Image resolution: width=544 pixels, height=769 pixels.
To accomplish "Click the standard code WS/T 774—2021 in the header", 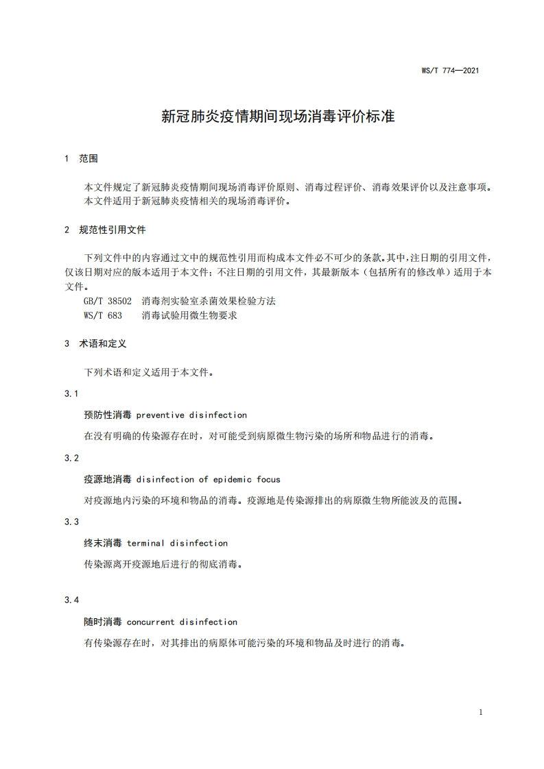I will (x=449, y=71).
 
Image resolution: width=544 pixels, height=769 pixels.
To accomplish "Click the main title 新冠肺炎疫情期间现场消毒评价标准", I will (x=278, y=116).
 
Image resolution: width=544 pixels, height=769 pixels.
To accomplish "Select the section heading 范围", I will (x=88, y=158).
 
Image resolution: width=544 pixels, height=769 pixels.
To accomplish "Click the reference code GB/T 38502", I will (x=108, y=301).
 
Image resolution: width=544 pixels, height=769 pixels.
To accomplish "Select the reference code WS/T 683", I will (x=103, y=315).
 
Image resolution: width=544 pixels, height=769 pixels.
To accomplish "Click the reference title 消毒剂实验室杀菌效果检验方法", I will (x=209, y=301).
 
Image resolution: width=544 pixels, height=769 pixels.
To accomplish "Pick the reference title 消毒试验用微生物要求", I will (x=189, y=315).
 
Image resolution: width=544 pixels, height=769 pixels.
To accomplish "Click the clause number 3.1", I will (x=71, y=393).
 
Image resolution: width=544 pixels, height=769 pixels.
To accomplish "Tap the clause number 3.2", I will (x=71, y=457).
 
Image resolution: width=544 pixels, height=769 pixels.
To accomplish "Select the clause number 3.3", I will (x=71, y=522).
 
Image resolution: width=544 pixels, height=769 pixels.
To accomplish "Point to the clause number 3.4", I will (x=71, y=600).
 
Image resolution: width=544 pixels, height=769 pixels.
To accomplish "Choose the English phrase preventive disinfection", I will (x=191, y=415).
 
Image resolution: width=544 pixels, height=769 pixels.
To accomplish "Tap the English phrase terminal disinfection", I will (x=177, y=543).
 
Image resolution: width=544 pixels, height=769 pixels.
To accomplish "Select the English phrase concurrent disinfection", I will (x=182, y=622).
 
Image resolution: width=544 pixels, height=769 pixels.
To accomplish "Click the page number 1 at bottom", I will (x=481, y=712).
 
